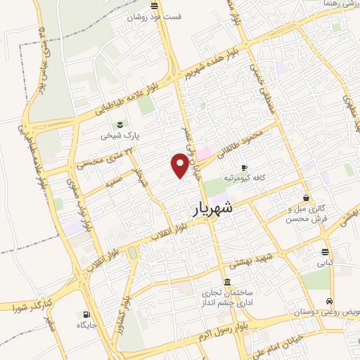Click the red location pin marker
(180, 165)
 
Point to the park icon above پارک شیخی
(119, 123)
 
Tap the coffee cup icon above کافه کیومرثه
(244, 167)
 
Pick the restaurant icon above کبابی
(324, 251)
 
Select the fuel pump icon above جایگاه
(86, 314)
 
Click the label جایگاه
(86, 326)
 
